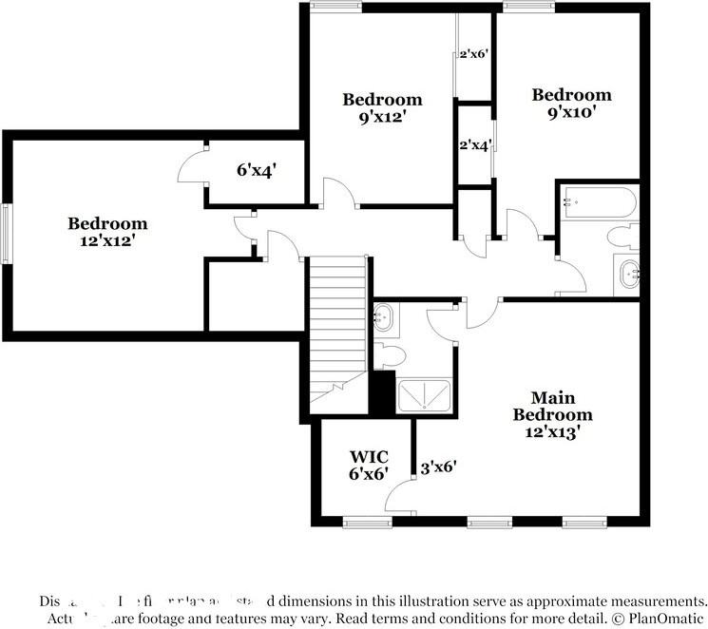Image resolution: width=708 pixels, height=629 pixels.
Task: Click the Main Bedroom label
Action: click(552, 406)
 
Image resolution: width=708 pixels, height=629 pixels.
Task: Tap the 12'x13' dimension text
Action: click(552, 431)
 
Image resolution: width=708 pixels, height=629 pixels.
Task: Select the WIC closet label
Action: click(369, 457)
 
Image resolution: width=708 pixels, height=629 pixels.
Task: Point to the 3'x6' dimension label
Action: click(439, 467)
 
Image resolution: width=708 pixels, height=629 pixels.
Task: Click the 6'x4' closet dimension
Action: click(257, 171)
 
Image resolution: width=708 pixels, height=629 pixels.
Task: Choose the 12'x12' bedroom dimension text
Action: click(107, 241)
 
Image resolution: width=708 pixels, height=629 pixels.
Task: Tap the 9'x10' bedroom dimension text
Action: click(571, 112)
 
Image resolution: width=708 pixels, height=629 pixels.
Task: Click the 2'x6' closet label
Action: click(473, 54)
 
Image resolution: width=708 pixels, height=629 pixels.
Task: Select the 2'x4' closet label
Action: click(473, 145)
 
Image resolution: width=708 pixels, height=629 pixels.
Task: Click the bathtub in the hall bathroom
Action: click(599, 201)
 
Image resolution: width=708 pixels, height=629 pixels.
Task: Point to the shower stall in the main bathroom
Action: click(425, 394)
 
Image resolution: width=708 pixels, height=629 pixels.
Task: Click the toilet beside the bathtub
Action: click(625, 236)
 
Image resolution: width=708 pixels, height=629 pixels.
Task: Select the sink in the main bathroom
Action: click(384, 316)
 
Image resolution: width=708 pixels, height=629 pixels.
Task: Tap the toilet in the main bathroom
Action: click(390, 355)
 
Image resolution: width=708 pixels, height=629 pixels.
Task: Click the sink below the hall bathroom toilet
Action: click(627, 276)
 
